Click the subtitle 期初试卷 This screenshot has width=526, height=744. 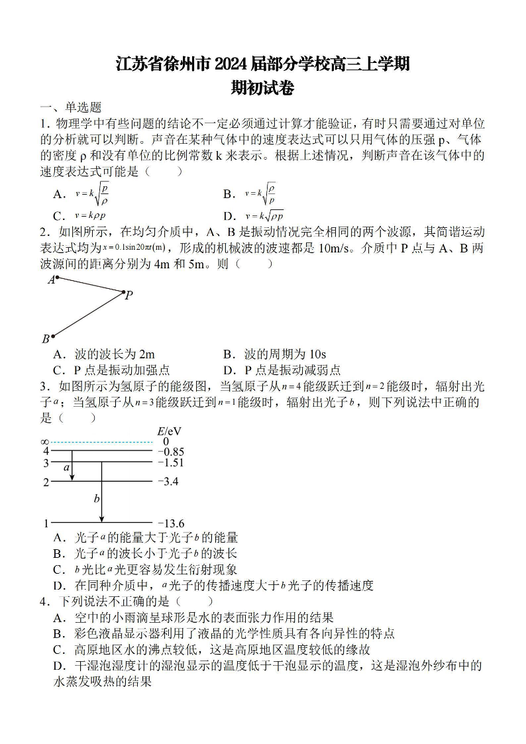262,88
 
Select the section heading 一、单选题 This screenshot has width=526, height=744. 71,107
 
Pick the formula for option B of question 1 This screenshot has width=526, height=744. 260,193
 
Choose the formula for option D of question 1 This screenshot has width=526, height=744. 264,215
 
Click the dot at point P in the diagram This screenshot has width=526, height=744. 123,292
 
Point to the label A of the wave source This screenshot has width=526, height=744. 50,280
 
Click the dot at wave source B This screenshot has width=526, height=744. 53,336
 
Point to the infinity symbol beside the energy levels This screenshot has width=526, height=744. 44,442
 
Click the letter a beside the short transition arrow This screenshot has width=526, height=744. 66,468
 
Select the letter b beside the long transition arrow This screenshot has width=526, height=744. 97,498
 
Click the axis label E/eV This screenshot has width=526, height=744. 169,431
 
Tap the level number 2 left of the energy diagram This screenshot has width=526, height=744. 46,482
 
